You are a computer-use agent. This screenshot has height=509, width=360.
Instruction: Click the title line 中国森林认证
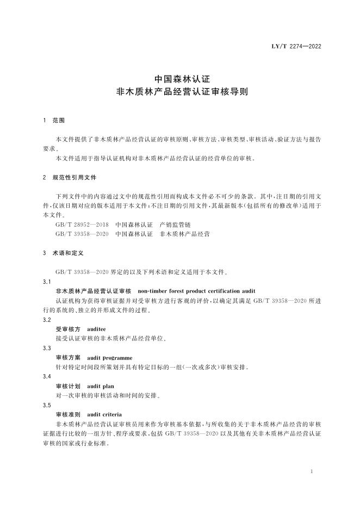[179, 79]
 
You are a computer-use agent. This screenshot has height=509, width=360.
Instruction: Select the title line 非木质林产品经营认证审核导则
[179, 92]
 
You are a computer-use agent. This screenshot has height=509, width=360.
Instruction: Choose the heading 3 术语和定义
[63, 253]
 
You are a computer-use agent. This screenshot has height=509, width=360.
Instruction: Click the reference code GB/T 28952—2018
[82, 224]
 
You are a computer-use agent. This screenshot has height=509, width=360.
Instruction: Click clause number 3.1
[47, 281]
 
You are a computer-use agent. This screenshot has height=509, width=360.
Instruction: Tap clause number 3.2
[47, 320]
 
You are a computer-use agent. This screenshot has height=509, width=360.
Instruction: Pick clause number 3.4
[47, 376]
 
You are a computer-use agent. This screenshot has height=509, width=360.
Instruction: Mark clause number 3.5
[47, 405]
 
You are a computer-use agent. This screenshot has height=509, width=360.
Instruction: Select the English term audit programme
[110, 358]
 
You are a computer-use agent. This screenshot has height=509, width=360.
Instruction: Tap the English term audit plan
[100, 386]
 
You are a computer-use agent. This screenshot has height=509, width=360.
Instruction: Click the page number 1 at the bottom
[311, 471]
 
